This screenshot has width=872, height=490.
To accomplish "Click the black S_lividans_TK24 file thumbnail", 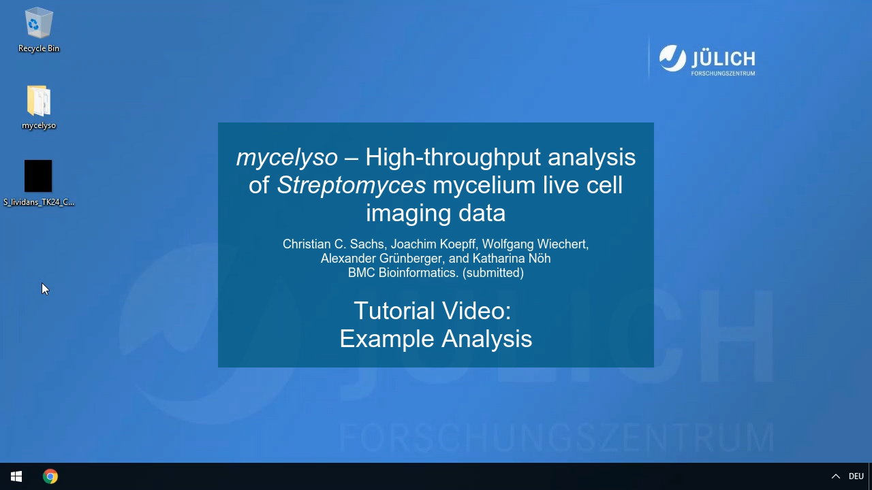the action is click(38, 176).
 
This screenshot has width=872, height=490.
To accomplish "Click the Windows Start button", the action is click(16, 476).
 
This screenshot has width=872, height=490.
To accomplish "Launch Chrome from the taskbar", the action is click(50, 476).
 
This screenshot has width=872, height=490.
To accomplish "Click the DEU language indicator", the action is click(856, 476).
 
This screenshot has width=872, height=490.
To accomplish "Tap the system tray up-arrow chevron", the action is click(835, 476).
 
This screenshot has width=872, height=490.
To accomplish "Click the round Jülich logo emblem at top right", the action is click(672, 59).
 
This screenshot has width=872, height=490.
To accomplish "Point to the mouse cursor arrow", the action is click(45, 289).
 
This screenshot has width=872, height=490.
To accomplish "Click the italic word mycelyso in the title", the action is click(287, 157).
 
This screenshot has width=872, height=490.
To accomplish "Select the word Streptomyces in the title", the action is click(351, 184).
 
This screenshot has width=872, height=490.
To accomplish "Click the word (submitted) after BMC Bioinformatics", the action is click(493, 273).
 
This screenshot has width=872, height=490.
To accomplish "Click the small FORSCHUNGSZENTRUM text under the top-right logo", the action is click(723, 73).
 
